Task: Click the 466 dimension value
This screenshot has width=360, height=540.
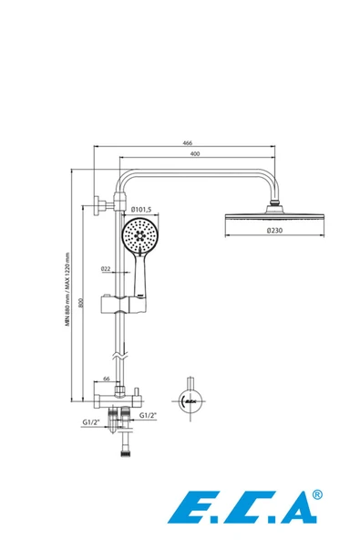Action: pyautogui.click(x=187, y=142)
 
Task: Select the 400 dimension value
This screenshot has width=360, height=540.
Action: pyautogui.click(x=195, y=153)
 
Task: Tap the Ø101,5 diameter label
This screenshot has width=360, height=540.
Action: pyautogui.click(x=141, y=209)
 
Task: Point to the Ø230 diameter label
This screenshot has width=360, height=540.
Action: pyautogui.click(x=274, y=231)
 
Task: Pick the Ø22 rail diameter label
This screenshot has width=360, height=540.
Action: pyautogui.click(x=106, y=268)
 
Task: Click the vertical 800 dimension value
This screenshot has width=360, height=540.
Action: pyautogui.click(x=81, y=303)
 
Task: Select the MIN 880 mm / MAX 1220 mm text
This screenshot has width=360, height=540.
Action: pyautogui.click(x=67, y=289)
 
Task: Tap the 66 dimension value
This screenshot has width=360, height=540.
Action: pyautogui.click(x=107, y=379)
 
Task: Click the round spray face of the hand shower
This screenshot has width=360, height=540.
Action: pyautogui.click(x=140, y=236)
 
